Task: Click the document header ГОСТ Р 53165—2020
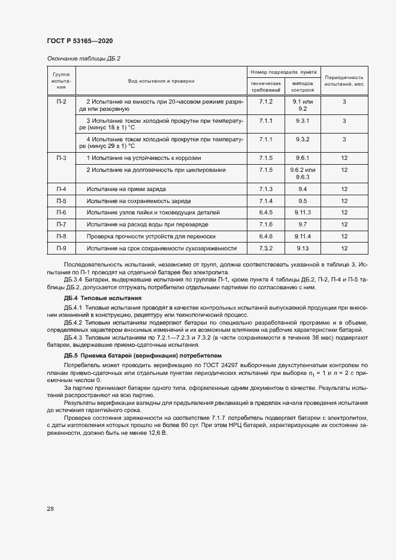(80, 41)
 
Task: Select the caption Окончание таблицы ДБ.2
(84, 59)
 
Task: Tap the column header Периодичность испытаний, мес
(344, 81)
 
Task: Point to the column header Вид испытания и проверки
(161, 80)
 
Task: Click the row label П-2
(61, 102)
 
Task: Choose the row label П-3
(61, 158)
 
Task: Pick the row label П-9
(61, 248)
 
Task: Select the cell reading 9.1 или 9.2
(303, 105)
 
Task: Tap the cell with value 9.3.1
(303, 121)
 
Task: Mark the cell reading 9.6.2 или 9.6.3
(303, 174)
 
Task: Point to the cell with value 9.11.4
(303, 237)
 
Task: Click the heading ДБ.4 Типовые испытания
(102, 298)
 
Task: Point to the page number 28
(50, 509)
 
